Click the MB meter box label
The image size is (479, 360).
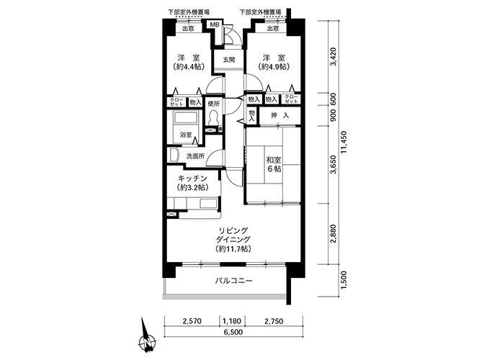pyautogui.click(x=214, y=24)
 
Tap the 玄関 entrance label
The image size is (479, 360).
pyautogui.click(x=228, y=60)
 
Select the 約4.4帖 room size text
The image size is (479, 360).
pyautogui.click(x=188, y=66)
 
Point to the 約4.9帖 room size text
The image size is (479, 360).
pyautogui.click(x=274, y=66)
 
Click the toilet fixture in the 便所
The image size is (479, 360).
pyautogui.click(x=213, y=117)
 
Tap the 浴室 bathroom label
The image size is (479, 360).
pyautogui.click(x=186, y=135)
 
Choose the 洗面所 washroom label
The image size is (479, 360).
pyautogui.click(x=195, y=156)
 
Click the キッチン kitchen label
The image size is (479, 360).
pyautogui.click(x=192, y=178)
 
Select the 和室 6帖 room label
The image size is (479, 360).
pyautogui.click(x=274, y=164)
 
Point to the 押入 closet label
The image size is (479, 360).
pyautogui.click(x=279, y=116)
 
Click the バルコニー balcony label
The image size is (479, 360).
pyautogui.click(x=233, y=281)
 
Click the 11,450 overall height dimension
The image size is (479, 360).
pyautogui.click(x=344, y=142)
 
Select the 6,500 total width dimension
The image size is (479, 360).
pyautogui.click(x=233, y=332)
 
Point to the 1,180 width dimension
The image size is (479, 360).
pyautogui.click(x=232, y=321)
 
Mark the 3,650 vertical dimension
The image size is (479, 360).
pyautogui.click(x=333, y=165)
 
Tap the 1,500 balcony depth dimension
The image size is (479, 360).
pyautogui.click(x=344, y=280)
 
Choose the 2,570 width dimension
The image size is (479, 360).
pyautogui.click(x=192, y=321)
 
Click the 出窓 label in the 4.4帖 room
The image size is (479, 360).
pyautogui.click(x=188, y=29)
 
